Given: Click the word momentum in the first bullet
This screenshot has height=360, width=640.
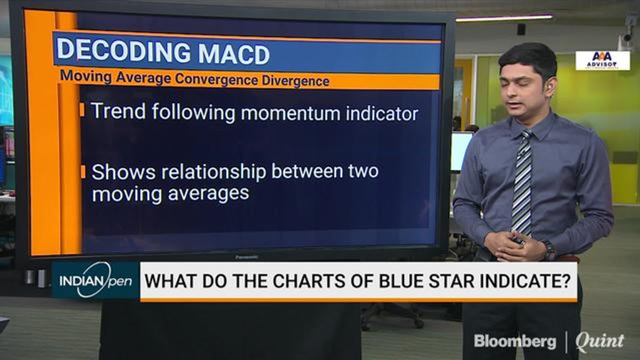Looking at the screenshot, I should [x=291, y=113].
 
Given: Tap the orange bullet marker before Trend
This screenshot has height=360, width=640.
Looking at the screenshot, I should [x=82, y=110].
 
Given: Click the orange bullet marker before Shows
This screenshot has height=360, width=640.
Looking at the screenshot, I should [x=82, y=171].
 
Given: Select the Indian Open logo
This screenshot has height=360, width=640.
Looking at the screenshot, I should [x=95, y=280].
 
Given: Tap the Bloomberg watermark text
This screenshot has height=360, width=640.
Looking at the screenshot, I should [x=514, y=341].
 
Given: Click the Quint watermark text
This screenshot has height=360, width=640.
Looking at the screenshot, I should [x=599, y=342].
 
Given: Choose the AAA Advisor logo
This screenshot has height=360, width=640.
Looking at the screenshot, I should [x=602, y=60].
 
